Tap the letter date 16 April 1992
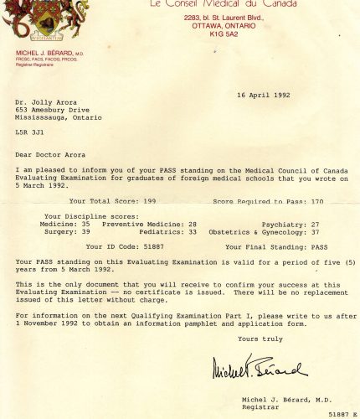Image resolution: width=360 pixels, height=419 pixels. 263,95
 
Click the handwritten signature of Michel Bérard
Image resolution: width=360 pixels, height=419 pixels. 259,366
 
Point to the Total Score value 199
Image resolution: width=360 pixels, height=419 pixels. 149,202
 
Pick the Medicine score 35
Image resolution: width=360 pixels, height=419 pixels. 86,225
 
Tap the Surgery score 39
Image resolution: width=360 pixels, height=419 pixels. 86,232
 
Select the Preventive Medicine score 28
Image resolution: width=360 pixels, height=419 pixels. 192,225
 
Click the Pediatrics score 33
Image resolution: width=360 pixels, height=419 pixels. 192,232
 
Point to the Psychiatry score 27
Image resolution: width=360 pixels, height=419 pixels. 315,225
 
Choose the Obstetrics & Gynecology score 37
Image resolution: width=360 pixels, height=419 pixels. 315,232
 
